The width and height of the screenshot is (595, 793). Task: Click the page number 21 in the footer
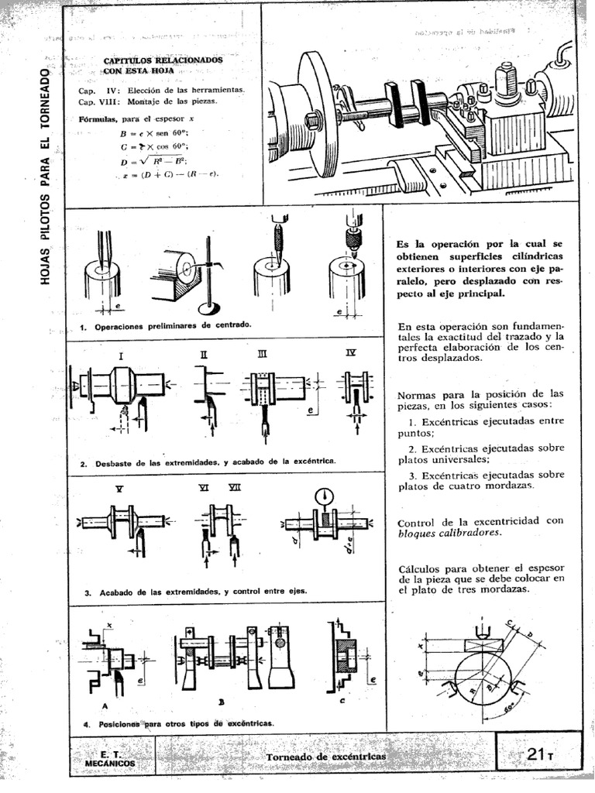tap(535, 754)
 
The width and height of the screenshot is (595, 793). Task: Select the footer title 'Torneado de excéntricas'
tap(325, 755)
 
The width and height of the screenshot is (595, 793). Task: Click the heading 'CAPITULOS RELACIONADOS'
tap(163, 59)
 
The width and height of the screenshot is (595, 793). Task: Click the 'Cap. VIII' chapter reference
tap(97, 101)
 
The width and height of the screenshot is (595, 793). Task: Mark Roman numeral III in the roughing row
tap(262, 354)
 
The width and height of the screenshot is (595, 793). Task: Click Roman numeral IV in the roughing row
tap(350, 353)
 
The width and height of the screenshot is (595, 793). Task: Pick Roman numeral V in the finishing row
tap(119, 489)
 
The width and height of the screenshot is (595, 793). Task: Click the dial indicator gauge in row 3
tap(324, 496)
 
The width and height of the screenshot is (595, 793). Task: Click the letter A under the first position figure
tap(105, 705)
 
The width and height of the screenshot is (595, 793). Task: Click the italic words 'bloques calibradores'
tap(446, 534)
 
